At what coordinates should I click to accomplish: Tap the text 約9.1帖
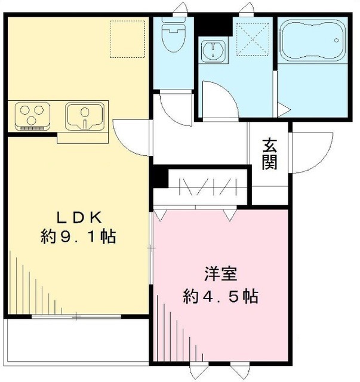[78, 236]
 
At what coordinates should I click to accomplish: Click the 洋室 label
[221, 275]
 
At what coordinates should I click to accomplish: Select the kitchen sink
[85, 115]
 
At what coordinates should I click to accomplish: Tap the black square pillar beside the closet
[158, 177]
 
